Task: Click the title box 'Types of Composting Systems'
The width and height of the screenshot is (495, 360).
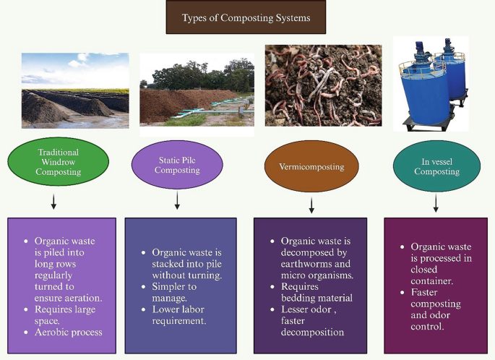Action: point(247,17)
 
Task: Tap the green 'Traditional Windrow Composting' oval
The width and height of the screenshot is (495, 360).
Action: point(59,163)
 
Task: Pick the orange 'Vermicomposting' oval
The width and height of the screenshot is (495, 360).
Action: point(311,167)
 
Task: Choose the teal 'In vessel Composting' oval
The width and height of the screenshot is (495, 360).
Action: point(436,166)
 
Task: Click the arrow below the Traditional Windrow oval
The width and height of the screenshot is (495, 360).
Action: point(53,201)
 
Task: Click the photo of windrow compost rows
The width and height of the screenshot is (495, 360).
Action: point(75,91)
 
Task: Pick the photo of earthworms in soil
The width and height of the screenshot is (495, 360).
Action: point(313,85)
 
